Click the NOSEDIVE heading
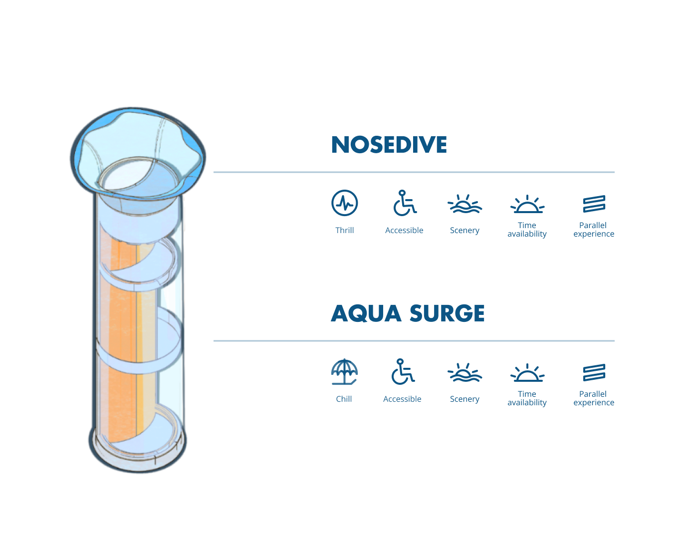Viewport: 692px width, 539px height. tap(389, 145)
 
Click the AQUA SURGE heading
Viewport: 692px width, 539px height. tap(408, 314)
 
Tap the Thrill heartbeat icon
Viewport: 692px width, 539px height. tap(345, 203)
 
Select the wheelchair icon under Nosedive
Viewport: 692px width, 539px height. tap(404, 204)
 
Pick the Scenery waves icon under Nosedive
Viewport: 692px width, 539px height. tap(464, 204)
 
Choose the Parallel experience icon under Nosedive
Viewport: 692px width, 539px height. tap(594, 204)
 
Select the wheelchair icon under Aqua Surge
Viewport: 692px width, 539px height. tap(403, 372)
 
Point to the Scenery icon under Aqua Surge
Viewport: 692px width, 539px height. tap(464, 373)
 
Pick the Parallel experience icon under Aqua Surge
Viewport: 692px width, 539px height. tap(594, 372)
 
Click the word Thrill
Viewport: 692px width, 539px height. tap(344, 231)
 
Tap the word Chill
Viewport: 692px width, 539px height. tap(344, 399)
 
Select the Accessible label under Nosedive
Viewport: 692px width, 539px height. tap(404, 231)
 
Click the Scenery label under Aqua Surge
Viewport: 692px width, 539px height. tap(464, 399)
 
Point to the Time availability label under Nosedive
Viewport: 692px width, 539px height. tap(527, 230)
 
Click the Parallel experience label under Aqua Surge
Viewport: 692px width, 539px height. tap(594, 398)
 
